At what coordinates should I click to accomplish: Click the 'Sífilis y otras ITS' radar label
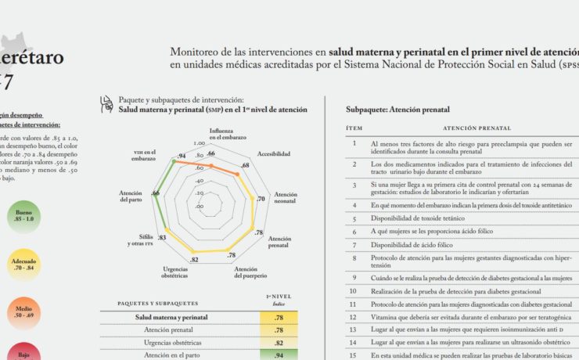point(141,240)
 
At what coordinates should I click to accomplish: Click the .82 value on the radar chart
point(194,259)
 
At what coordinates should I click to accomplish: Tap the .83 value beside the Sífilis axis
point(162,237)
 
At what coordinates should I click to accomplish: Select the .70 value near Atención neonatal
point(261,200)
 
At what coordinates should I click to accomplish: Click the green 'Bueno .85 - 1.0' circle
point(24,216)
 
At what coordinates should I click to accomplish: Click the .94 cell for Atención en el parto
point(279,355)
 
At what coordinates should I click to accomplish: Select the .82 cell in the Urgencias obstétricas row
point(279,343)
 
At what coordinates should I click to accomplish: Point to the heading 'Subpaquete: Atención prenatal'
point(400,110)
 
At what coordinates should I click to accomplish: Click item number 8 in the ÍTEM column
point(354,257)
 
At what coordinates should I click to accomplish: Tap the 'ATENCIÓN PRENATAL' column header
point(477,128)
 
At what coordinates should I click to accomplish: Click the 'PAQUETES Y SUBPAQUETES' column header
point(157,302)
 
